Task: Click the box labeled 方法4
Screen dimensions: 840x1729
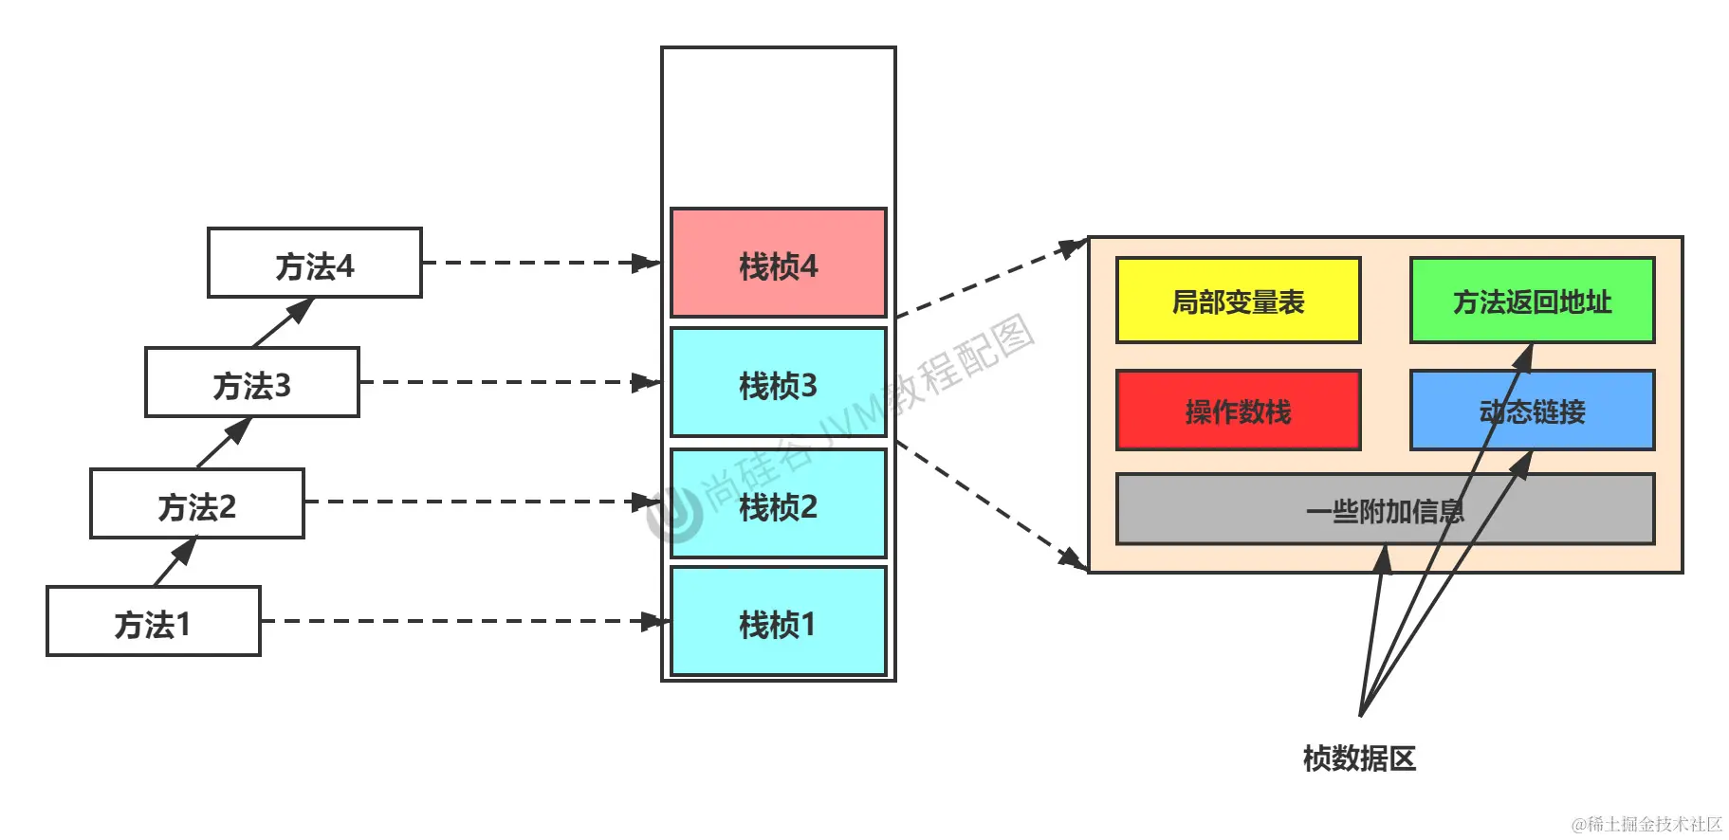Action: (314, 264)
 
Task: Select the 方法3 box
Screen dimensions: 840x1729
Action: (251, 383)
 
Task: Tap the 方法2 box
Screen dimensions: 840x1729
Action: (196, 504)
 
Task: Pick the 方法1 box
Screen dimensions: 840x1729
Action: (153, 622)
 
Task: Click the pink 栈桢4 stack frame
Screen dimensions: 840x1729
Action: (778, 264)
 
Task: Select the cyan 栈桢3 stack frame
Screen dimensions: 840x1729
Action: (778, 383)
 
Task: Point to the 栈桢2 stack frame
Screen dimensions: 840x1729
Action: (778, 504)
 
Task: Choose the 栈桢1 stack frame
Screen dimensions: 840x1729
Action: (778, 622)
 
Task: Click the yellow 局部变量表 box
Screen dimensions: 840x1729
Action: (1238, 301)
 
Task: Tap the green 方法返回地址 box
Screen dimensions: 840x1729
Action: (1532, 301)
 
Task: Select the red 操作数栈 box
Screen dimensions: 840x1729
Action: (1238, 411)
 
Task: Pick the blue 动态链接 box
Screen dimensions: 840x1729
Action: (1532, 411)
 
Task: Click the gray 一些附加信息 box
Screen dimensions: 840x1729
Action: (1385, 510)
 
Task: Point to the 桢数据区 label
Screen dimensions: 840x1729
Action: (1359, 758)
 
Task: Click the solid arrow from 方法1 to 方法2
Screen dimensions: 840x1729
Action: (175, 562)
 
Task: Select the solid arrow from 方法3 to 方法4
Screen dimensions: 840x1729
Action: (283, 323)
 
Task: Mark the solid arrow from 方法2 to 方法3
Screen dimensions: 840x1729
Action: (224, 443)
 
